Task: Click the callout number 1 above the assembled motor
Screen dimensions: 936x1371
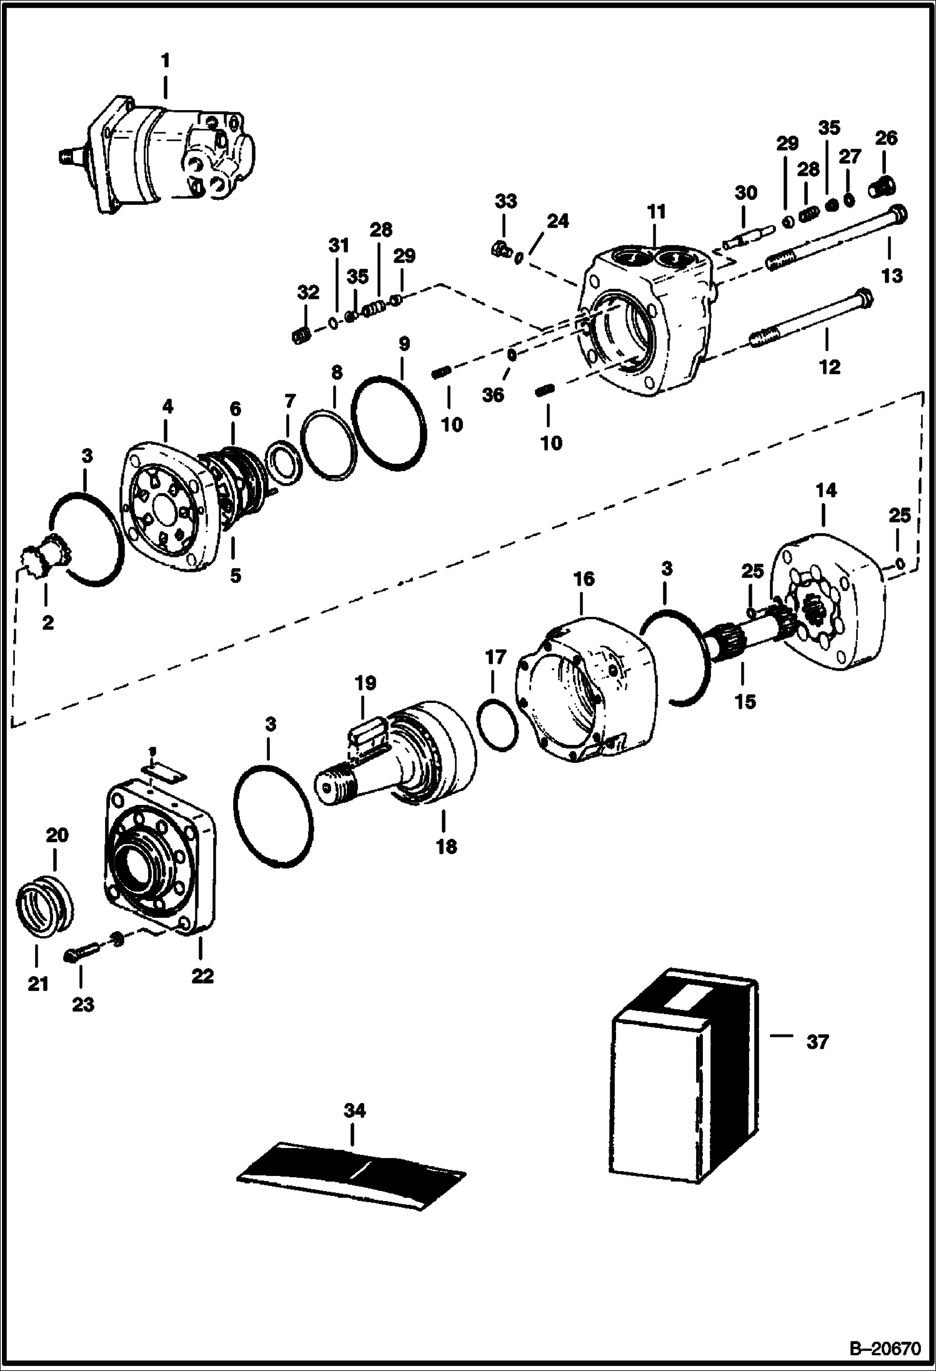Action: point(165,61)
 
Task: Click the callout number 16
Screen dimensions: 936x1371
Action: point(584,578)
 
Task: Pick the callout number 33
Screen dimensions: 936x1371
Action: point(505,201)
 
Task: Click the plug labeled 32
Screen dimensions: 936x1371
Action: point(302,336)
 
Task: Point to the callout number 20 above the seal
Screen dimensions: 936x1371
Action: point(57,835)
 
